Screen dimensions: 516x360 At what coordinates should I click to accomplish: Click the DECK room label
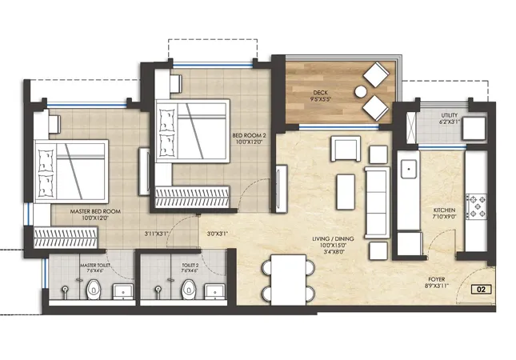click(x=320, y=93)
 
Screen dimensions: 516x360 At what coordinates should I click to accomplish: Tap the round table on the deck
click(x=361, y=92)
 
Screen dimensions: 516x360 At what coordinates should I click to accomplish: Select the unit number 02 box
click(x=481, y=290)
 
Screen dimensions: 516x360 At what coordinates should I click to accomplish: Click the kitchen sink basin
click(x=409, y=169)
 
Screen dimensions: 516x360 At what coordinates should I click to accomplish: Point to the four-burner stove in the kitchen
click(x=476, y=206)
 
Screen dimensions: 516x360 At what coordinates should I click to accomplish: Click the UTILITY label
click(x=450, y=115)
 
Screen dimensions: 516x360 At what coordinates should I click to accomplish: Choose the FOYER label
click(x=437, y=279)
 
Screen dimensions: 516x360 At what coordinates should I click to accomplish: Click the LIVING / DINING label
click(x=333, y=238)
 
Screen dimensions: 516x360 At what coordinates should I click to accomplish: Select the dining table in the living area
click(x=289, y=280)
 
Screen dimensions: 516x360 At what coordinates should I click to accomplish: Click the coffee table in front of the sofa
click(x=346, y=192)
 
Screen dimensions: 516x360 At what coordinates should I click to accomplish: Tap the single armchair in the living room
click(x=346, y=149)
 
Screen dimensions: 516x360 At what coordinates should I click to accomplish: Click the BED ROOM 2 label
click(x=249, y=135)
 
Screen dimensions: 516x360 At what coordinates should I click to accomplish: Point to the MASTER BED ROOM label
click(x=95, y=211)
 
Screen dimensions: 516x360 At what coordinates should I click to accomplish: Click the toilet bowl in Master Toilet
click(x=94, y=290)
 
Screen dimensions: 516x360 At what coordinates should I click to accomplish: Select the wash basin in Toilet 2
click(x=215, y=291)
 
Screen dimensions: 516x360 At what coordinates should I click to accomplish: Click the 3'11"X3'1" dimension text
click(x=156, y=234)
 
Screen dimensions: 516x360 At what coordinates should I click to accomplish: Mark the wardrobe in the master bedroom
click(x=66, y=237)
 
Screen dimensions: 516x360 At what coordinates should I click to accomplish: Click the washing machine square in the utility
click(x=474, y=129)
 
